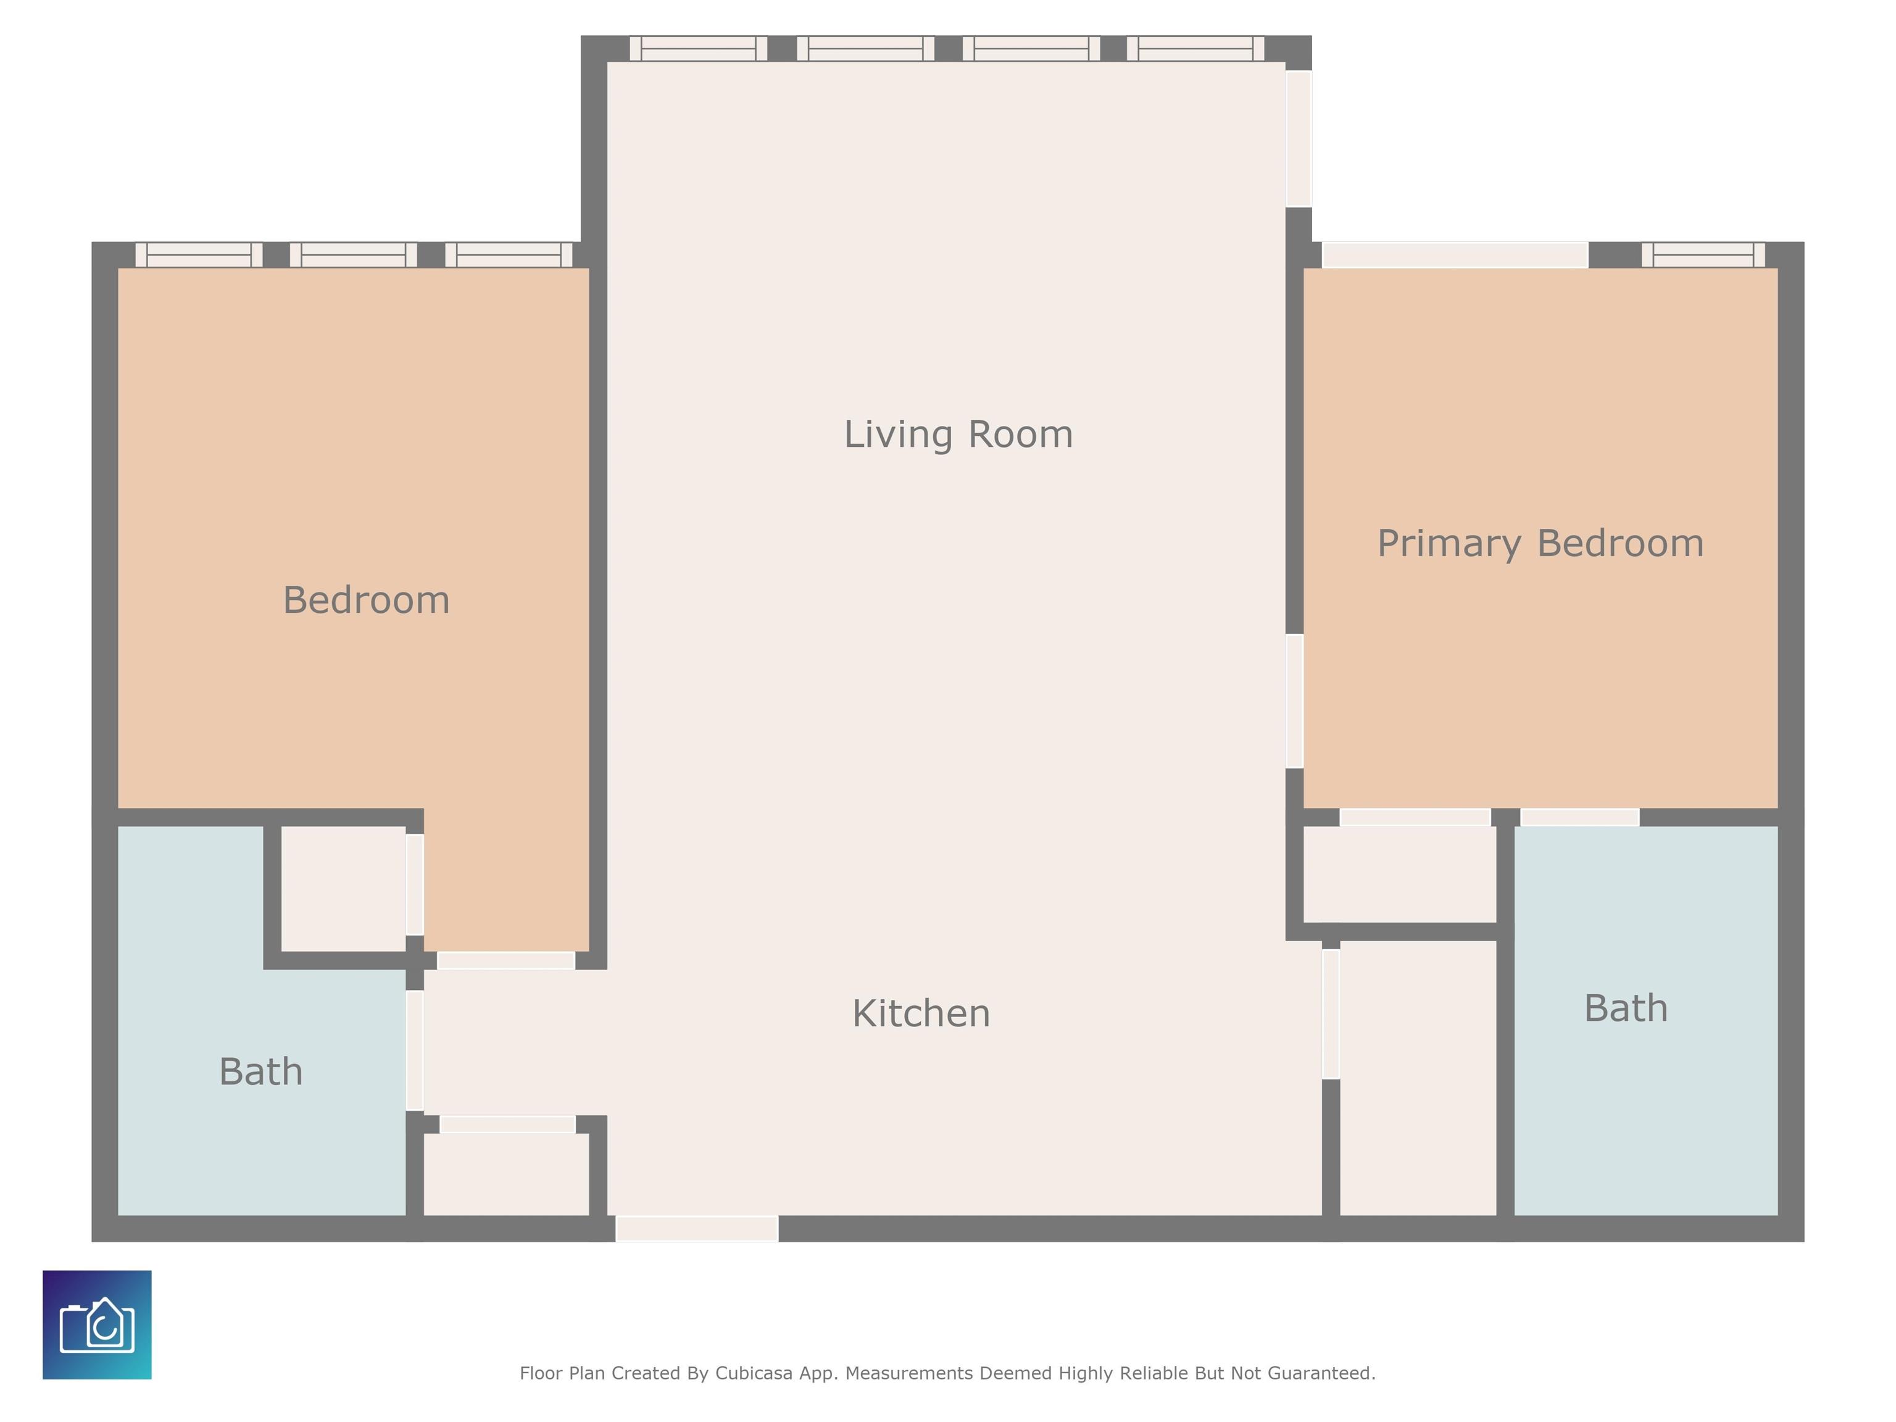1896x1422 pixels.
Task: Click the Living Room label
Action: [958, 434]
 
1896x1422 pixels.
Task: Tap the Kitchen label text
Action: [921, 1013]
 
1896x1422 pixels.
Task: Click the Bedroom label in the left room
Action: [366, 600]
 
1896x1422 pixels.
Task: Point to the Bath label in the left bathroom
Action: [260, 1071]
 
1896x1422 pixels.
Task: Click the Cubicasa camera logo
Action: [97, 1324]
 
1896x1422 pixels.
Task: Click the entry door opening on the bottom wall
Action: [697, 1228]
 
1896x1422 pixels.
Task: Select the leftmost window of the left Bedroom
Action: [199, 254]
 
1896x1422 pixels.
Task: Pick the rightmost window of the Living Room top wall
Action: [1195, 49]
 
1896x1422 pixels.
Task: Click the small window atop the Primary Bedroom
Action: [1703, 254]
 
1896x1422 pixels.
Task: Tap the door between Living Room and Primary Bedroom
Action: [1294, 701]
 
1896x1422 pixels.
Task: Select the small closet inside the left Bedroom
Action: [344, 888]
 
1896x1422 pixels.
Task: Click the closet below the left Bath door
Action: [507, 1175]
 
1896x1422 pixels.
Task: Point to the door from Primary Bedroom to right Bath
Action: [1580, 817]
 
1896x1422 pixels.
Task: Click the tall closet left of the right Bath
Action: [1418, 1078]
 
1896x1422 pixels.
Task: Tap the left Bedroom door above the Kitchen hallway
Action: [505, 960]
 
